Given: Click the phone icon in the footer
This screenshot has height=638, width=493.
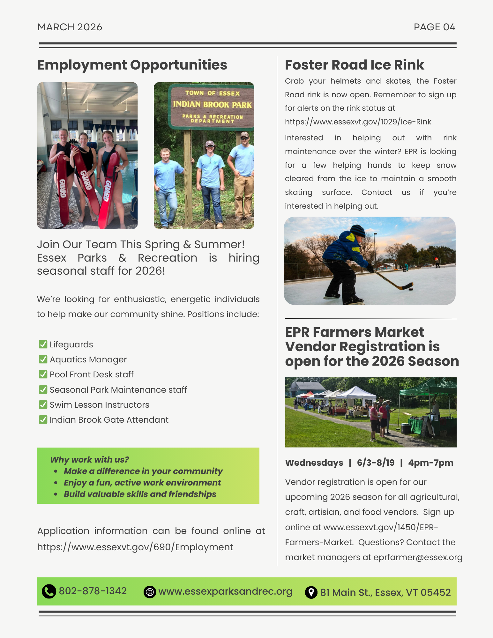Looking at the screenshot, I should click(49, 591).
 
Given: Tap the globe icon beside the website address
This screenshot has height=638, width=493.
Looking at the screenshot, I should click(150, 592).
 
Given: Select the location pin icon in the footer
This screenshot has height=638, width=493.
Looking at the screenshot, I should click(311, 592).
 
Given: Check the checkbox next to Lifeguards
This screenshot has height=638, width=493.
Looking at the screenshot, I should click(43, 344).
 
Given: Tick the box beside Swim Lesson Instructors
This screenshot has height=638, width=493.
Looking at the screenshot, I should click(43, 404).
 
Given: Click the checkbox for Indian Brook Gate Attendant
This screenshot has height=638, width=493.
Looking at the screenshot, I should click(43, 419).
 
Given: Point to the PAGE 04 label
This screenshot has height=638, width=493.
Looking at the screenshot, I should click(434, 27).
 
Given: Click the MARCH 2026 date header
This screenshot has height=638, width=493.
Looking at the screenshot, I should click(70, 27).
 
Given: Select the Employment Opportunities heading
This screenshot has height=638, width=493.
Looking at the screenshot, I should click(132, 65).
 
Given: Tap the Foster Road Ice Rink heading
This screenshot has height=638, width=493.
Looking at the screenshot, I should click(355, 65).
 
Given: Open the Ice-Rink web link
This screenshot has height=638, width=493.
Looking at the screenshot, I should click(358, 122).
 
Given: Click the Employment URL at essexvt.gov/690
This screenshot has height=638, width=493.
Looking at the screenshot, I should click(135, 547).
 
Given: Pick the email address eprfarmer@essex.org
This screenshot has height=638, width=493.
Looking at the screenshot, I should click(418, 557).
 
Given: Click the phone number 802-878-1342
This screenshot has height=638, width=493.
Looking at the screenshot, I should click(93, 591).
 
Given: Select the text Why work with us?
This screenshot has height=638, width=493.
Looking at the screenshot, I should click(90, 460).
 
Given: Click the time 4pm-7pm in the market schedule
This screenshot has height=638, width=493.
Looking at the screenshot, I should click(430, 463).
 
